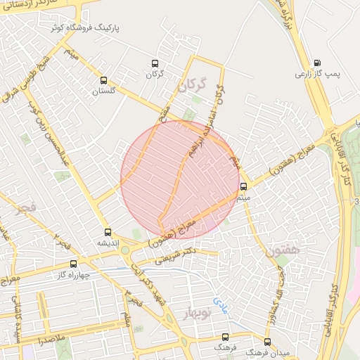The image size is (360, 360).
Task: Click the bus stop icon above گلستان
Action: point(104,80)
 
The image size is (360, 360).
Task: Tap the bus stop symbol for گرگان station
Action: point(155,63)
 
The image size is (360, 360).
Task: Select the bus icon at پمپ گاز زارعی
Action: point(317,63)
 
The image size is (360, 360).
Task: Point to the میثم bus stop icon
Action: point(243,186)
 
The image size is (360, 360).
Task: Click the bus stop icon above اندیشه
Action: point(108,232)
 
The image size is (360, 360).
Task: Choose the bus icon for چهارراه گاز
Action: point(73,264)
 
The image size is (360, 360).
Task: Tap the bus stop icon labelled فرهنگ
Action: point(225,337)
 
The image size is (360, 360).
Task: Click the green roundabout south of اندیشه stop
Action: point(124,249)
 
